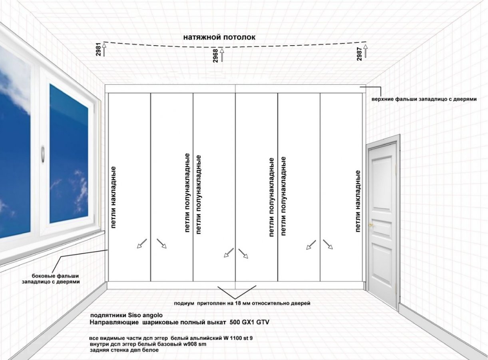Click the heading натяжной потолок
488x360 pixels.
coord(219,37)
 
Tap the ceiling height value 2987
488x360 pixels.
coord(359,53)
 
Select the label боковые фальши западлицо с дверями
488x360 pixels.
coord(50,279)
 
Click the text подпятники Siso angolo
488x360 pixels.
coord(127,315)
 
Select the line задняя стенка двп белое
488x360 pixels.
coord(125,350)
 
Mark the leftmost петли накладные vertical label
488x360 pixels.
coord(114,197)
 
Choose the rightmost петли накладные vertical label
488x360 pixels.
coord(358,201)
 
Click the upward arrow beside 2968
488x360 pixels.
coord(222,55)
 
